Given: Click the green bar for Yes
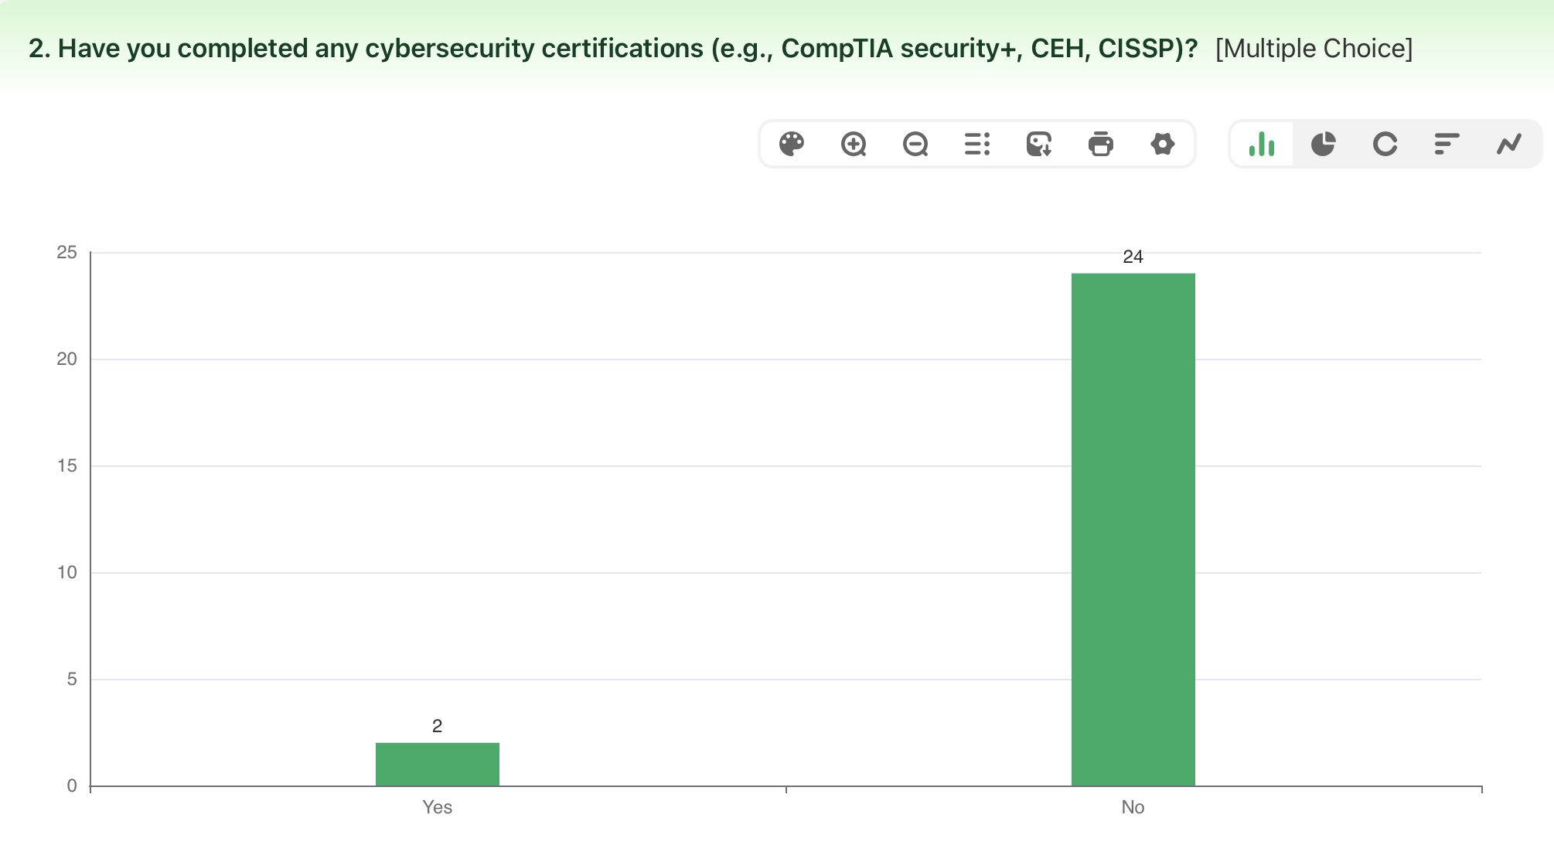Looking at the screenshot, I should pyautogui.click(x=437, y=764).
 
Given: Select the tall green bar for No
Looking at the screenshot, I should pyautogui.click(x=1133, y=529).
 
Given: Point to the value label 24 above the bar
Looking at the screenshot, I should pyautogui.click(x=1133, y=257).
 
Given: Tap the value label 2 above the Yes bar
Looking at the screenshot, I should pyautogui.click(x=437, y=726).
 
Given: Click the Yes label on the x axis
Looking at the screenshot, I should pyautogui.click(x=437, y=807).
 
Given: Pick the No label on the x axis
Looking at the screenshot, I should pyautogui.click(x=1133, y=807).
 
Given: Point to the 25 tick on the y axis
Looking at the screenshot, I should pyautogui.click(x=67, y=252).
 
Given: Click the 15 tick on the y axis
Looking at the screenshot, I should pyautogui.click(x=67, y=465).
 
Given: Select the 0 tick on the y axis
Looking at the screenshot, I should pyautogui.click(x=72, y=786).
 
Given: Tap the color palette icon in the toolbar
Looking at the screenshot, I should pyautogui.click(x=792, y=144).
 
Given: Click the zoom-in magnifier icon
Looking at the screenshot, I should pyautogui.click(x=854, y=144).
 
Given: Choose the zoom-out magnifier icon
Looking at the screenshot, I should pyautogui.click(x=915, y=144).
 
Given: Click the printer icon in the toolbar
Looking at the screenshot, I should pyautogui.click(x=1101, y=144).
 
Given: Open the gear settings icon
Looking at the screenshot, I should pyautogui.click(x=1163, y=144).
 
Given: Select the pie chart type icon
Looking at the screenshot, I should pyautogui.click(x=1324, y=144).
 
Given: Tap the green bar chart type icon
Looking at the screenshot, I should pyautogui.click(x=1262, y=144).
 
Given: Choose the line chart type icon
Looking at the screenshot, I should pyautogui.click(x=1509, y=144).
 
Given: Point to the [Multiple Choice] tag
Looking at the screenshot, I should pyautogui.click(x=1314, y=48).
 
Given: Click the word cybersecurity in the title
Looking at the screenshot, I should pyautogui.click(x=450, y=48).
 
